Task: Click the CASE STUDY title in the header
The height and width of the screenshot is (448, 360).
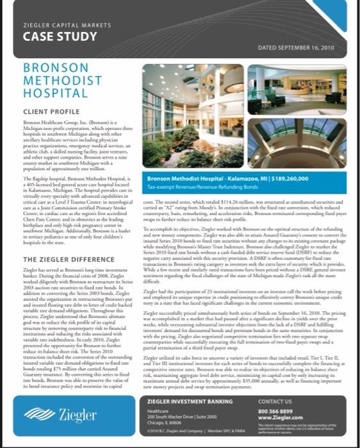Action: tap(51, 36)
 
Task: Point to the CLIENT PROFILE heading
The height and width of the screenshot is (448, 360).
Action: tap(51, 111)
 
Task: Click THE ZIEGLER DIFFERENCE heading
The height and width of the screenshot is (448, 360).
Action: tap(64, 259)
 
